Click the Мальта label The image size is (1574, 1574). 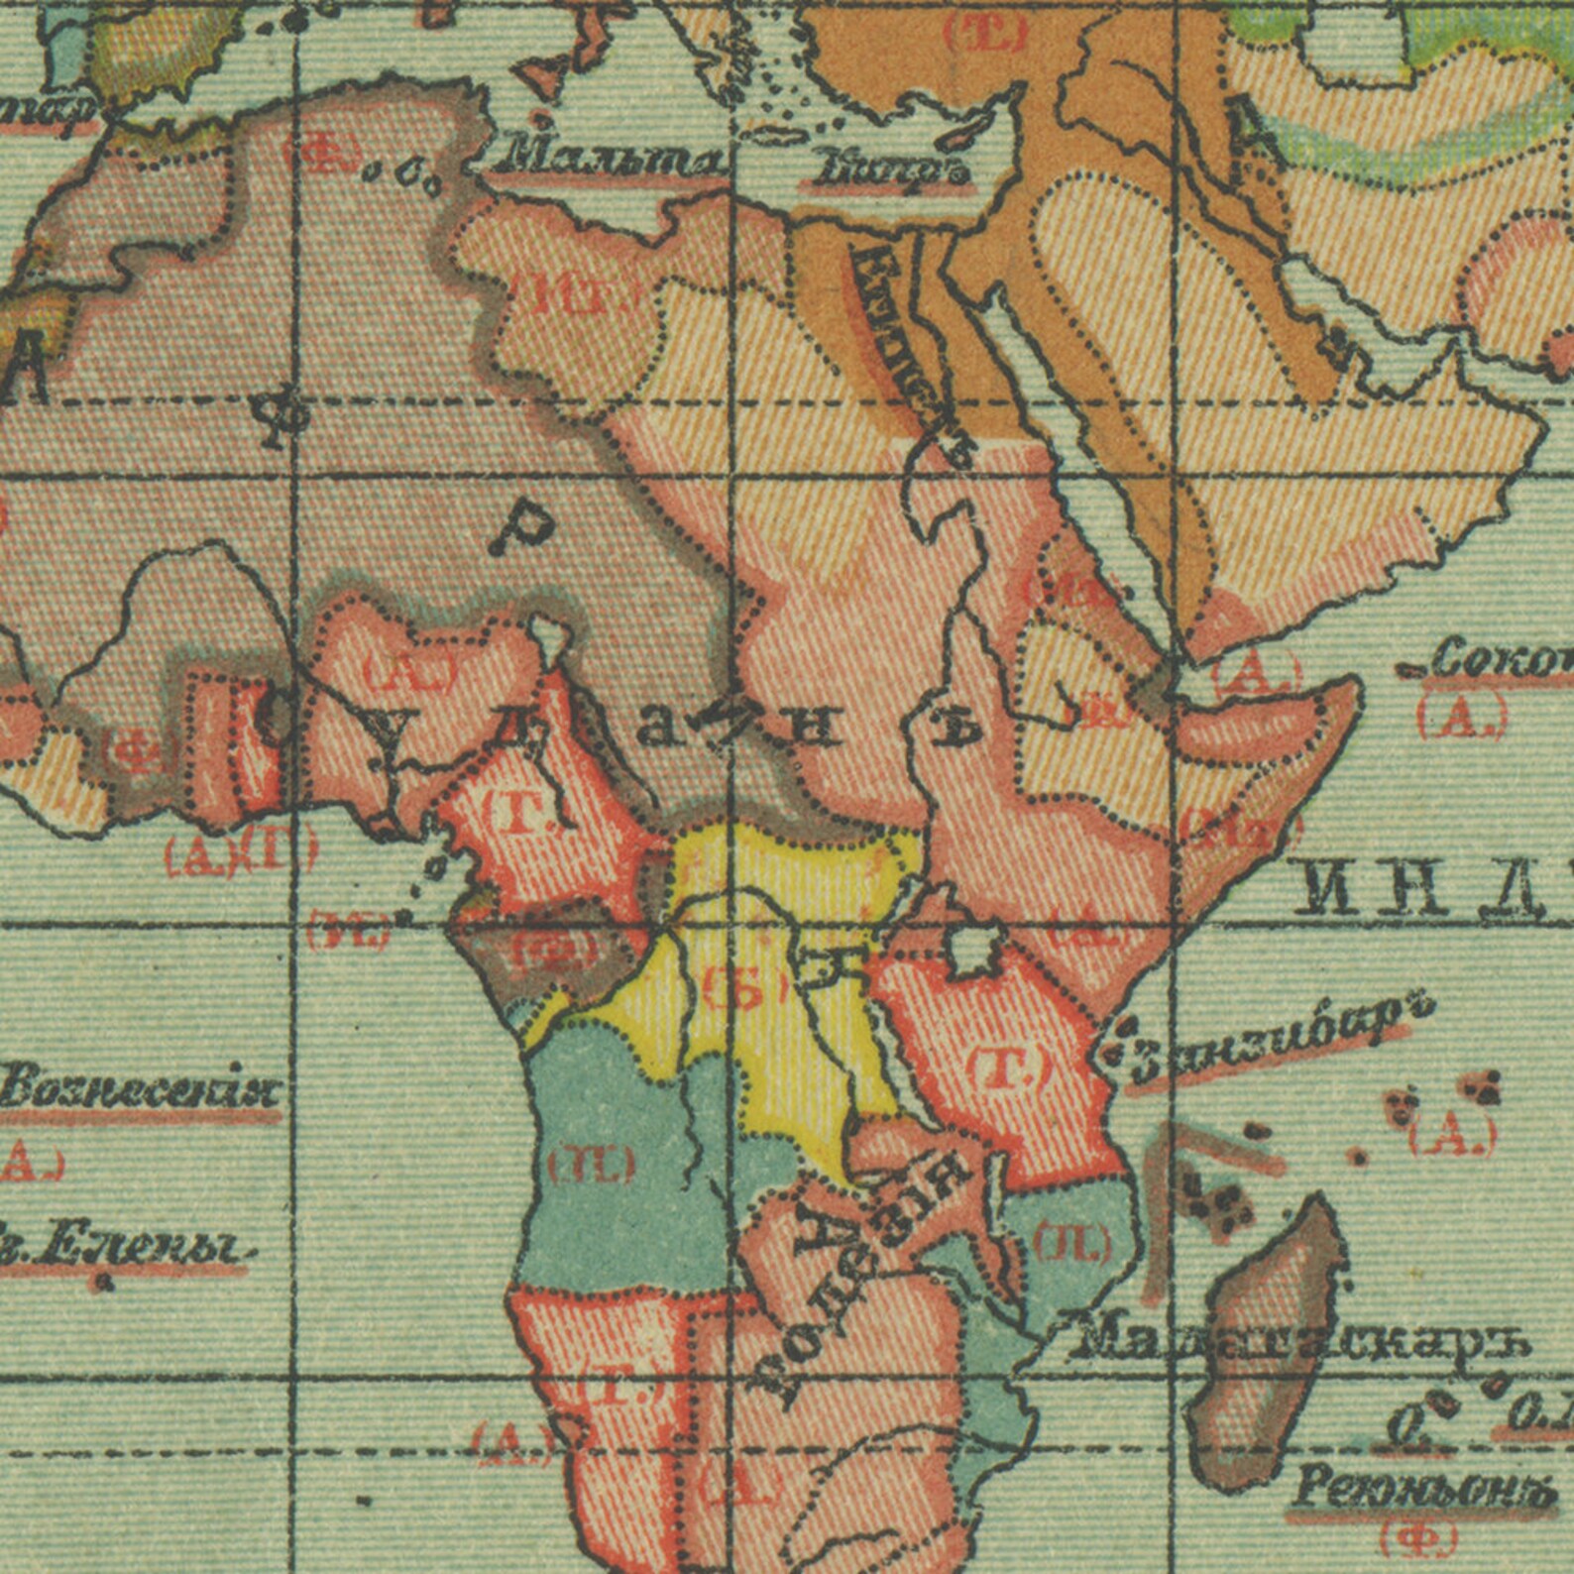[611, 157]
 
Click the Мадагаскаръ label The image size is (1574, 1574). [1298, 1343]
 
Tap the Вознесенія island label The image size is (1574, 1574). [139, 1090]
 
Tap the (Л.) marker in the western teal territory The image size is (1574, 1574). [592, 1163]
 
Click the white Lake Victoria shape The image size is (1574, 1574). [972, 949]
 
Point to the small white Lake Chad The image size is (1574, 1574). [546, 631]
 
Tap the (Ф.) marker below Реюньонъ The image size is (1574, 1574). [1418, 1538]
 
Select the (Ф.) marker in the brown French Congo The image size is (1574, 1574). [555, 952]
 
